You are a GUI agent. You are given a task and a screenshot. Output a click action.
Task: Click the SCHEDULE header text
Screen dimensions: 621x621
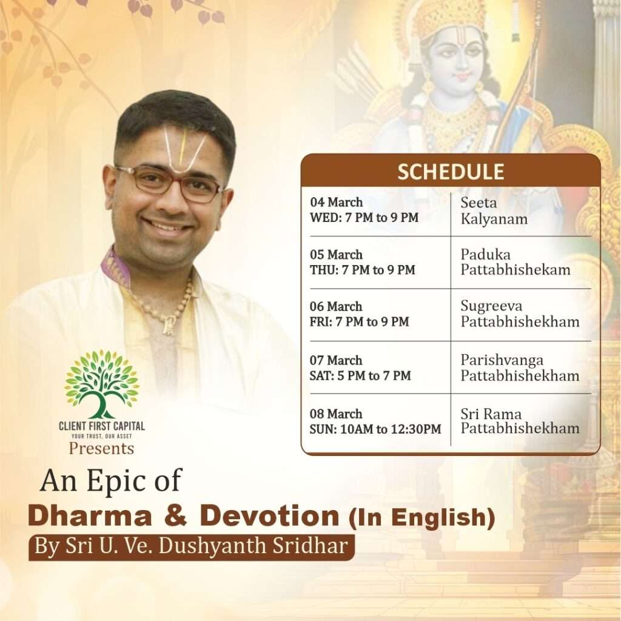tap(451, 172)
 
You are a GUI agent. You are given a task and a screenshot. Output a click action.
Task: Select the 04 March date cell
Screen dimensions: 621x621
tap(336, 202)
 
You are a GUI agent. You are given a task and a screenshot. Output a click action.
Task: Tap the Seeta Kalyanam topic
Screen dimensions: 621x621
tap(494, 210)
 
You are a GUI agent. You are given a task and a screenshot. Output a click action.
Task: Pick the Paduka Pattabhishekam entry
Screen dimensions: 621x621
tap(515, 262)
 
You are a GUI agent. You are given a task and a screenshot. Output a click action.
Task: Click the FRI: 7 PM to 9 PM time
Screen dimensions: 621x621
tap(359, 321)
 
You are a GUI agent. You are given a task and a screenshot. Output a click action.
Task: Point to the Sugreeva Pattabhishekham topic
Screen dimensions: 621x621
tap(520, 314)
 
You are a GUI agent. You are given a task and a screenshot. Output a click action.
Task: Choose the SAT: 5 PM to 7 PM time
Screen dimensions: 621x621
tap(360, 375)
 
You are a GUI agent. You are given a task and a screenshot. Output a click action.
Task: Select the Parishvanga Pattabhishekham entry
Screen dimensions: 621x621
tap(520, 368)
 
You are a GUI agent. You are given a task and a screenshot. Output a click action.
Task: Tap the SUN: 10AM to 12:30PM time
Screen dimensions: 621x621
tap(375, 429)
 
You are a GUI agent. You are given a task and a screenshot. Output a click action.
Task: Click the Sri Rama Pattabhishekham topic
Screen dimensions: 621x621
tap(520, 421)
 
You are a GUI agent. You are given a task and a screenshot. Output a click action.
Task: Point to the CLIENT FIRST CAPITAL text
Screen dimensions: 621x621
tap(102, 426)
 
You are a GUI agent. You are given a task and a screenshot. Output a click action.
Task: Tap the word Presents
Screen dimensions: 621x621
tap(101, 449)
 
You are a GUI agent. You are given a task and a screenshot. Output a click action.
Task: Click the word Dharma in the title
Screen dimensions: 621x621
tap(90, 515)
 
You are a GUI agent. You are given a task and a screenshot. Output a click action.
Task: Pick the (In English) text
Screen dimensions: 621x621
tap(422, 517)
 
